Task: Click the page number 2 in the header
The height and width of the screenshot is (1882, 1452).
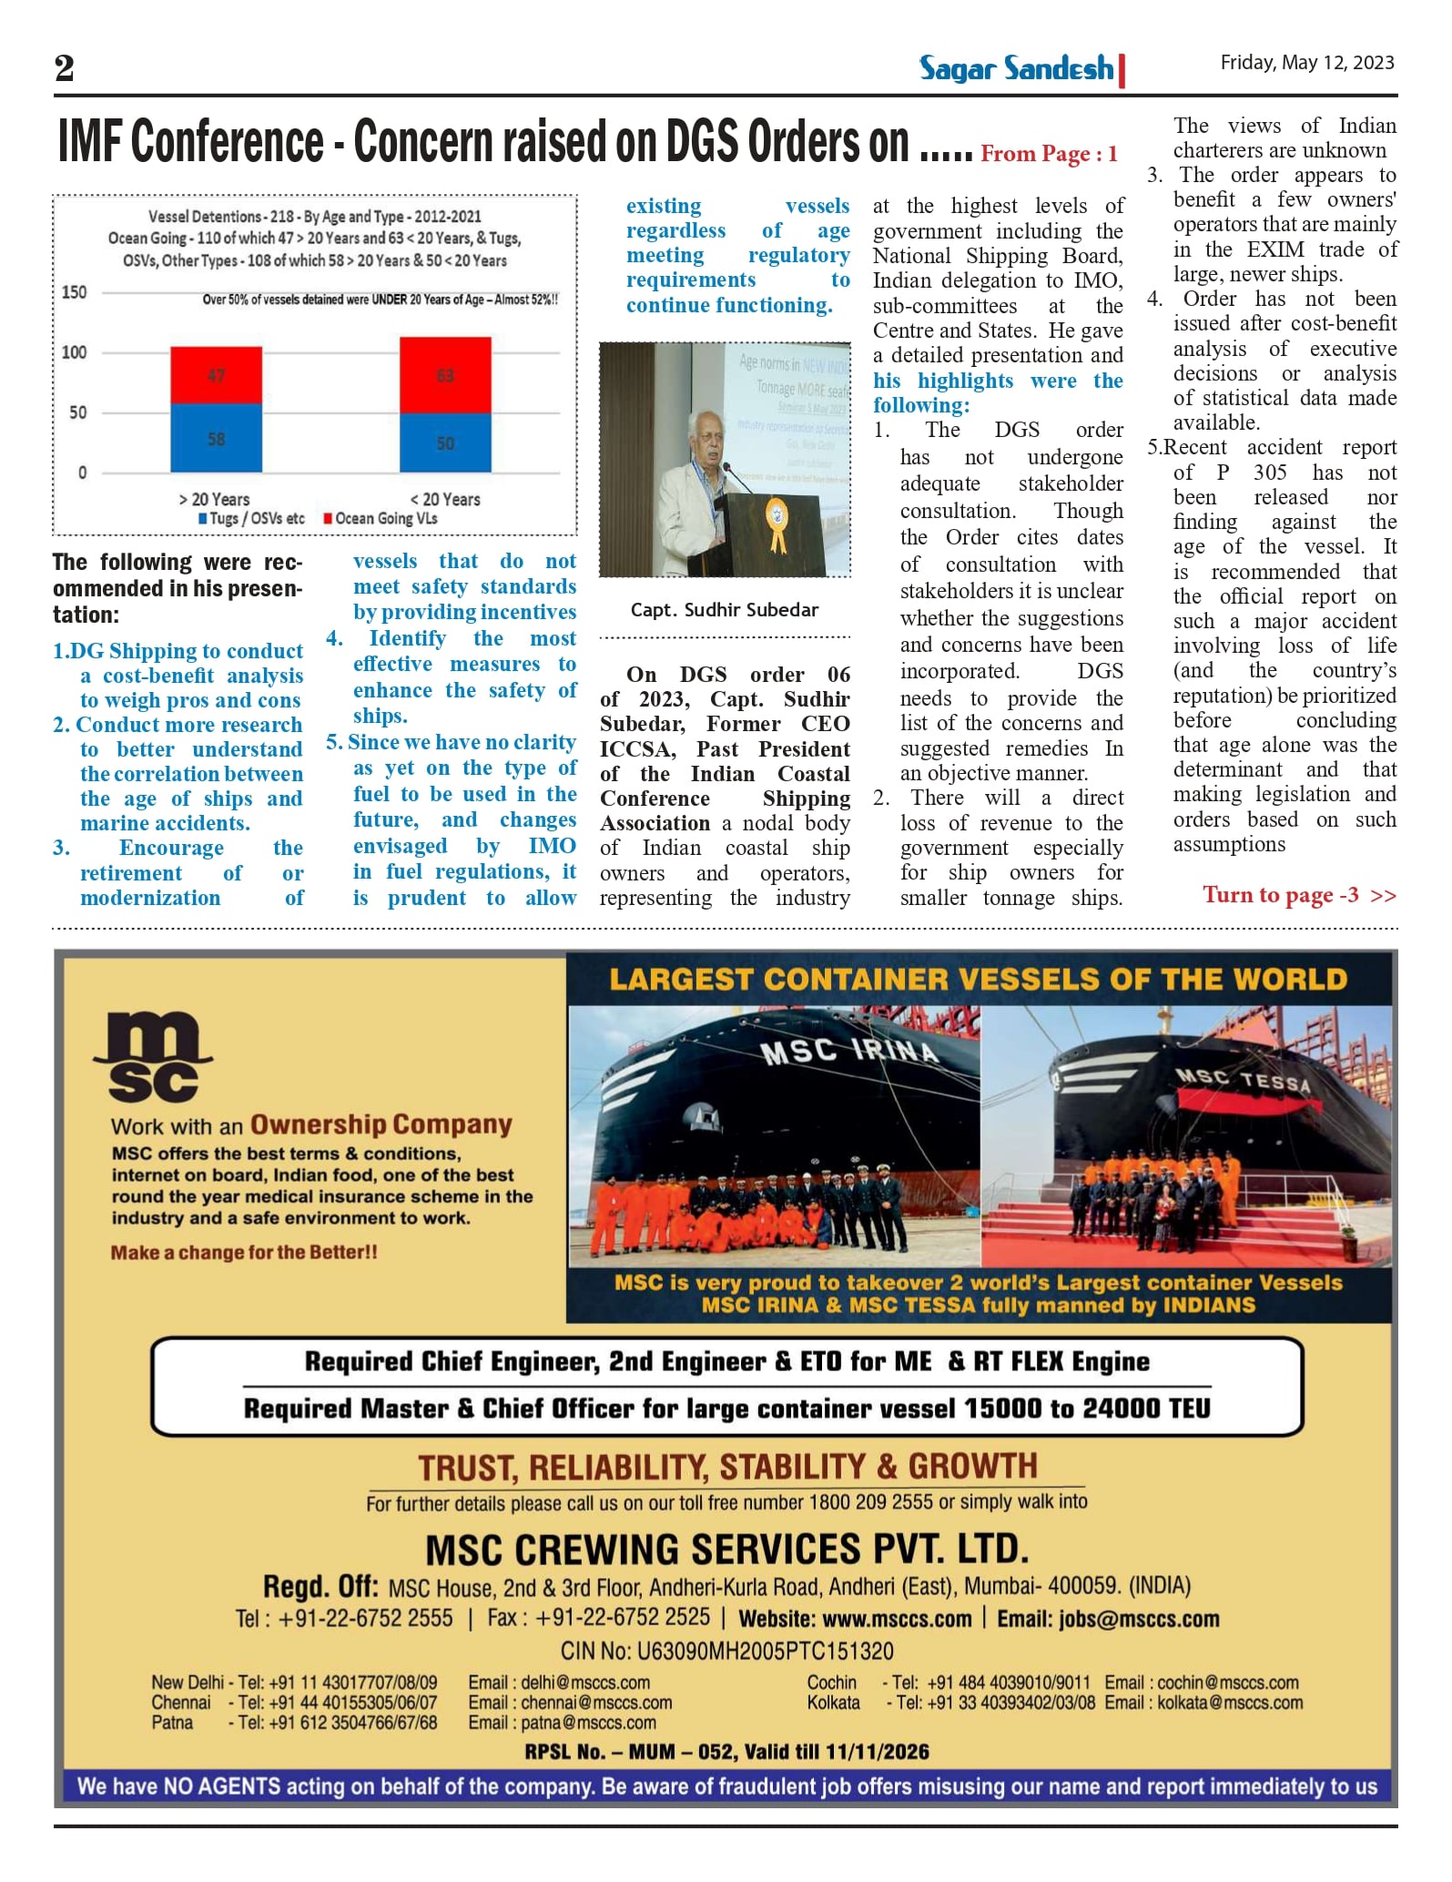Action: click(x=64, y=68)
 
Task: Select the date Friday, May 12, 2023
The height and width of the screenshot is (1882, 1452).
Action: click(x=1306, y=63)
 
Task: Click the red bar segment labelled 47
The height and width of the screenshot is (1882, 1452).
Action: click(x=216, y=375)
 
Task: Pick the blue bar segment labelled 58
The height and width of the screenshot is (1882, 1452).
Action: click(x=216, y=438)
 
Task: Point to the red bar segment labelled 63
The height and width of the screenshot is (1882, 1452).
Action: click(x=445, y=375)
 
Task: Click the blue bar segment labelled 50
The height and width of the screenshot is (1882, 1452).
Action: click(x=445, y=443)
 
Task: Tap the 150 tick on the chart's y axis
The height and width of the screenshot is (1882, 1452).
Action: click(x=75, y=292)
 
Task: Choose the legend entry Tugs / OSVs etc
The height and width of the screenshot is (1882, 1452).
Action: click(x=251, y=518)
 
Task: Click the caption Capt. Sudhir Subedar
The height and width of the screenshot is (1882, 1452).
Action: click(x=724, y=610)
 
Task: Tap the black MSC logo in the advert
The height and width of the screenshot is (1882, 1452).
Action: click(x=153, y=1057)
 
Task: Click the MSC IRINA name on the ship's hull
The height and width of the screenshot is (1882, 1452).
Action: click(x=848, y=1052)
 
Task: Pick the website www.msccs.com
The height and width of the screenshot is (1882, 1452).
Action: click(x=896, y=1619)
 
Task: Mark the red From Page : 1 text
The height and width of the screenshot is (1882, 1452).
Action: click(x=1048, y=154)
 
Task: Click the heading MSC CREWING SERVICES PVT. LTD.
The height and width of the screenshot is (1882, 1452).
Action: click(x=726, y=1550)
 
